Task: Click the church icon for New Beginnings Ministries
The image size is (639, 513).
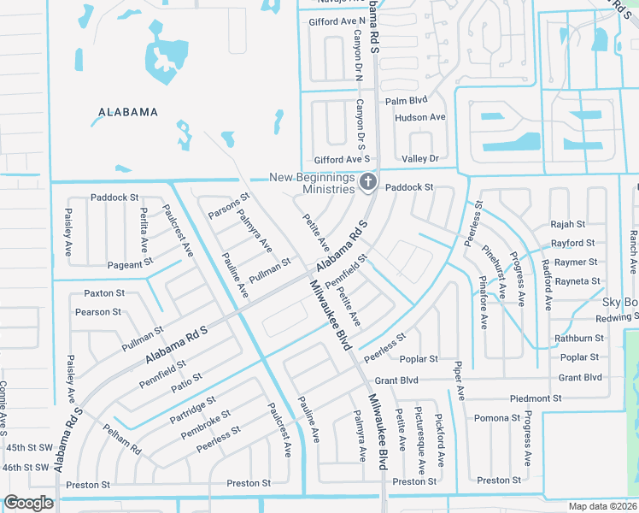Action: tap(368, 181)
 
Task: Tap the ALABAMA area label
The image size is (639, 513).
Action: tap(128, 112)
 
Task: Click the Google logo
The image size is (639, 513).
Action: tap(29, 503)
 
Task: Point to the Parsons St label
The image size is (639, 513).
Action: tap(229, 209)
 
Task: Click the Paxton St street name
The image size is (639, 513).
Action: tap(104, 293)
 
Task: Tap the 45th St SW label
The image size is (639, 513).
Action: tap(27, 447)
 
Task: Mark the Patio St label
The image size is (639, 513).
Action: tap(186, 381)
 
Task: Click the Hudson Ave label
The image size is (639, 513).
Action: tap(420, 117)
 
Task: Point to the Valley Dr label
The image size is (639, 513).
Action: tap(419, 159)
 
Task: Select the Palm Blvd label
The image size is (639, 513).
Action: tap(406, 101)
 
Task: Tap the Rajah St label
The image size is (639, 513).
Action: tap(567, 224)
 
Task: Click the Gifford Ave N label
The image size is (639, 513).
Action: tap(337, 20)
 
